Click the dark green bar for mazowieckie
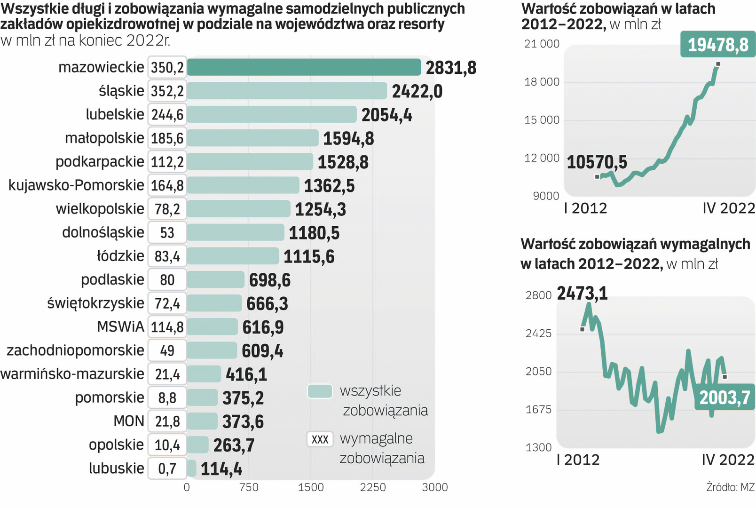pos(304,67)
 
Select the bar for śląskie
pos(287,91)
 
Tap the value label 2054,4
pos(386,115)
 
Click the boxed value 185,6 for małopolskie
pos(167,138)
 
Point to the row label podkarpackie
pos(100,162)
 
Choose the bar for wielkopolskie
pos(238,209)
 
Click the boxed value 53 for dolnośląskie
pos(167,233)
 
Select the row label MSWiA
pos(120,327)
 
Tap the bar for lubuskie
pos(191,468)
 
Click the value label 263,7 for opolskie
pos(234,445)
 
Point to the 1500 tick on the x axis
pos(311,487)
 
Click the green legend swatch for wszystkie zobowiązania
pos(320,391)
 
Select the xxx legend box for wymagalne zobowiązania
pos(320,439)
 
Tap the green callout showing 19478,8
pos(717,45)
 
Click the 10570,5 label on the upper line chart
pos(597,162)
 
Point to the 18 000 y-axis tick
pos(542,82)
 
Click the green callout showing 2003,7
pos(724,398)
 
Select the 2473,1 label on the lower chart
pos(582,294)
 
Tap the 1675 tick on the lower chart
pos(538,409)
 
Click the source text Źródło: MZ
pos(730,487)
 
